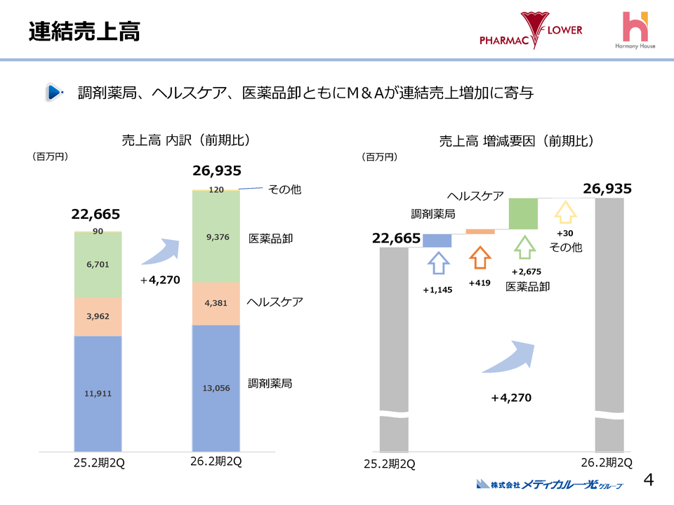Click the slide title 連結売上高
click(x=84, y=32)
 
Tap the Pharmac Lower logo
click(x=531, y=31)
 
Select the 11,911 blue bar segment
click(x=98, y=393)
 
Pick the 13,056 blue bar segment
click(x=216, y=387)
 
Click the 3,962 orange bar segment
click(x=98, y=316)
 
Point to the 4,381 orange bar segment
click(x=216, y=303)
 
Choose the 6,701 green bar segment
click(x=98, y=264)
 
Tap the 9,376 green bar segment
click(x=216, y=237)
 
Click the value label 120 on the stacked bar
click(x=216, y=190)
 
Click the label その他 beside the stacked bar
click(x=285, y=189)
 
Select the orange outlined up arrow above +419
click(x=480, y=257)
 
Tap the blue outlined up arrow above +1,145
click(x=438, y=263)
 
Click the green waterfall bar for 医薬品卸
click(x=523, y=213)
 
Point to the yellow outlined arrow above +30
click(x=565, y=213)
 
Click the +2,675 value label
click(x=526, y=272)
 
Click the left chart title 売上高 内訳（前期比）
click(x=186, y=140)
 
